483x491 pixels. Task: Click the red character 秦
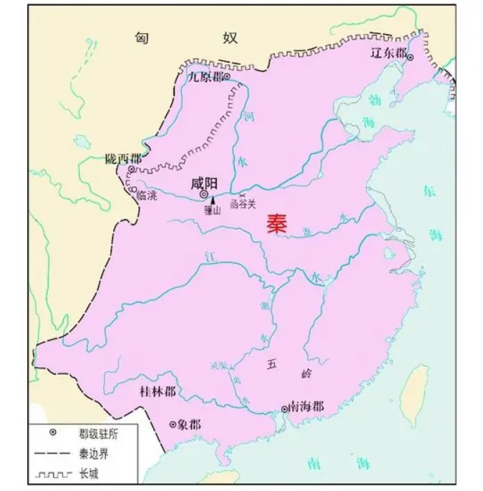(277, 224)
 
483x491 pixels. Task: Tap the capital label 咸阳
(204, 182)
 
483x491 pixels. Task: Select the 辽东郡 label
(388, 54)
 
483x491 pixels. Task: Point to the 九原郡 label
(204, 77)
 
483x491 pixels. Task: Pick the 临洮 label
(145, 195)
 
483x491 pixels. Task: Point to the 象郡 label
(189, 424)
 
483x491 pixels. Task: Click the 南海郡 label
(306, 407)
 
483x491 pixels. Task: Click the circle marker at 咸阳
(204, 194)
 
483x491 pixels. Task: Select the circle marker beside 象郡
(172, 424)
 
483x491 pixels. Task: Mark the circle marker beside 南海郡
(285, 409)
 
